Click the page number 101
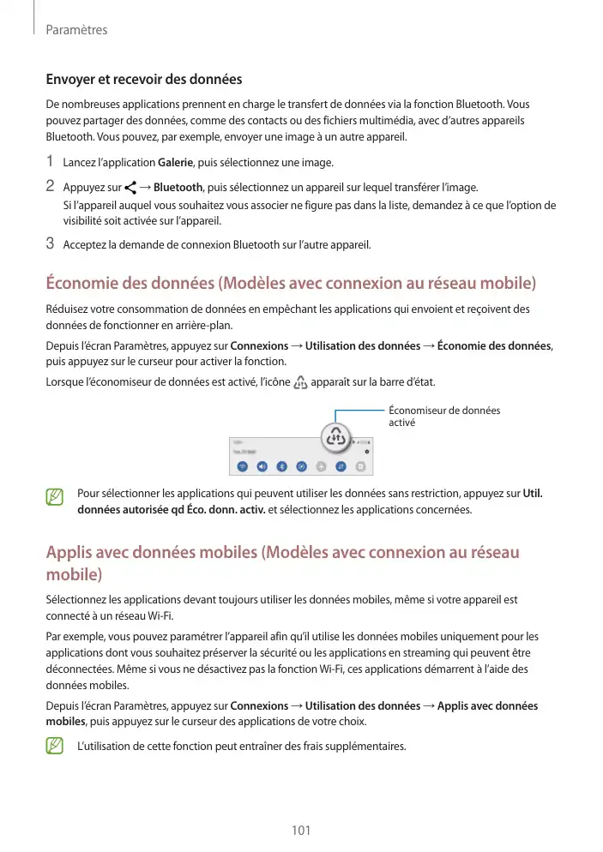pos(300,830)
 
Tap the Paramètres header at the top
pos(76,30)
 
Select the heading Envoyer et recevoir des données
pos(144,80)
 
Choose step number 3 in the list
pos(51,245)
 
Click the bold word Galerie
pos(175,163)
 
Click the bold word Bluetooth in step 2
pos(178,188)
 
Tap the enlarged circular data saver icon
pos(335,436)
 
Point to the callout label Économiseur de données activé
pos(444,417)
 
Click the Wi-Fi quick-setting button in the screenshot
pos(242,466)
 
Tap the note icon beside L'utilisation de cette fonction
pos(56,747)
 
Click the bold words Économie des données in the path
pos(494,345)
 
